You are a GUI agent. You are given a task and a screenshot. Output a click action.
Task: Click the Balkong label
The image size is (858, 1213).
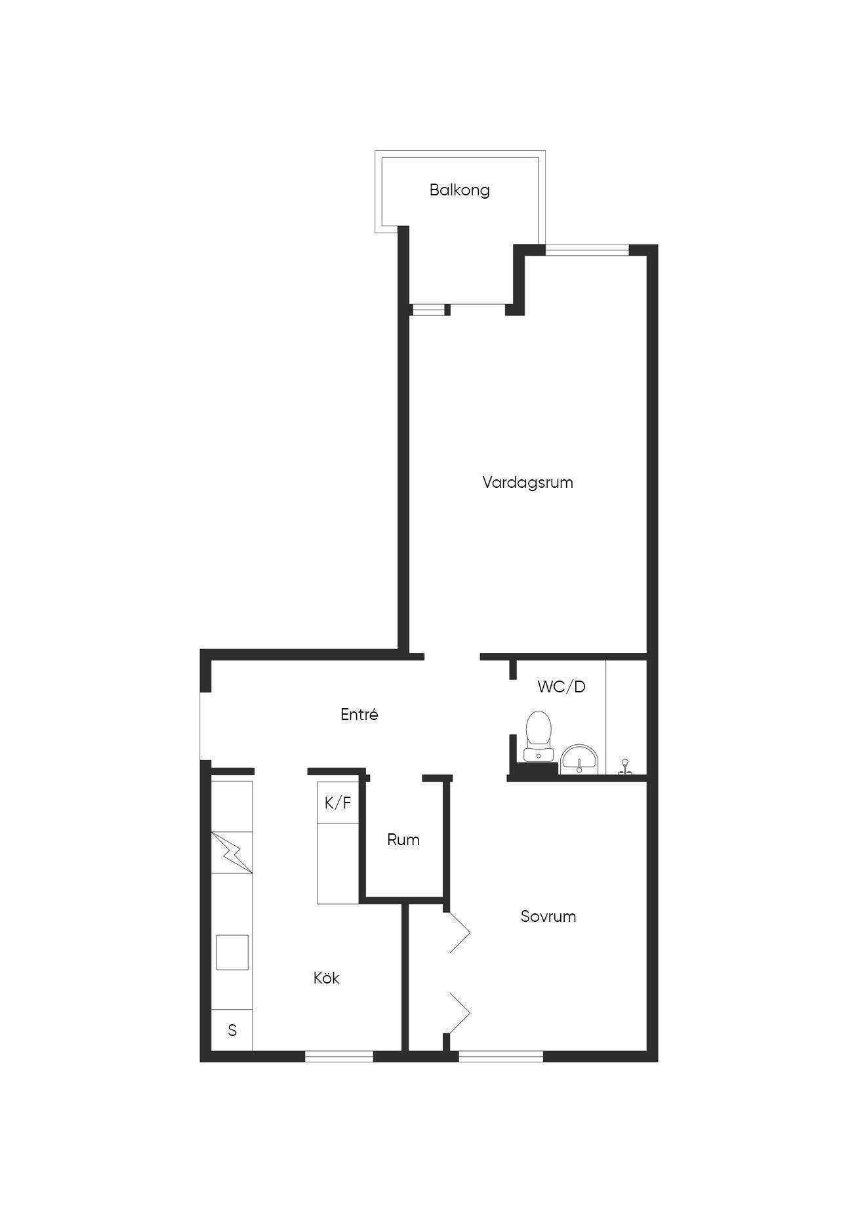click(x=459, y=190)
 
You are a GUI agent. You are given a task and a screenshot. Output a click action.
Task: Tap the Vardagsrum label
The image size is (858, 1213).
click(x=527, y=483)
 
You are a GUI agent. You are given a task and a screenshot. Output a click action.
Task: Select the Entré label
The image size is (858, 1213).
click(x=359, y=715)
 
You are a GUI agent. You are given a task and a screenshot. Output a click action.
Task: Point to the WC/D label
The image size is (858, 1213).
click(x=562, y=687)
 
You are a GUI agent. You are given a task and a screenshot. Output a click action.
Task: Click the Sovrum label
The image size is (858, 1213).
click(x=548, y=916)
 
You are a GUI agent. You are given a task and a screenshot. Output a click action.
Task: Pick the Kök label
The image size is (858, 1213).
click(x=326, y=978)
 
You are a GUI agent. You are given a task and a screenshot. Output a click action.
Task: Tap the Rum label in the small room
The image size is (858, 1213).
click(x=403, y=840)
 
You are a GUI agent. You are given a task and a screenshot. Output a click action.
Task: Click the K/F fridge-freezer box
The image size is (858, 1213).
click(x=338, y=803)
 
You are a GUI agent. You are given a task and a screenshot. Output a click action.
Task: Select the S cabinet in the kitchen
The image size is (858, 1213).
click(x=232, y=1030)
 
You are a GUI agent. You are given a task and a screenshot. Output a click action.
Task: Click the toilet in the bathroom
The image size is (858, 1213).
click(x=539, y=735)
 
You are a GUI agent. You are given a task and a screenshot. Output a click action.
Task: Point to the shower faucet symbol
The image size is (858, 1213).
click(x=625, y=767)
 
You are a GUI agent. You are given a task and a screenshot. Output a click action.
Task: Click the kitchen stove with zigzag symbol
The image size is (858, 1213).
click(x=232, y=852)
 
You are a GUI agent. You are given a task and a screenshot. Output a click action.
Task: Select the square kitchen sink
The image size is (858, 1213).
click(x=232, y=953)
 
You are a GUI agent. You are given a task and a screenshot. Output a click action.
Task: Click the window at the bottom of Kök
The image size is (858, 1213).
click(x=338, y=1056)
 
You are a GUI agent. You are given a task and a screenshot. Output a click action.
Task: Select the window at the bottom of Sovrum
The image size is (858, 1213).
click(x=500, y=1056)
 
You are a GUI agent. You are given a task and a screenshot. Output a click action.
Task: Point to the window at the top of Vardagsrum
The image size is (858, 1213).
click(x=586, y=249)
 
